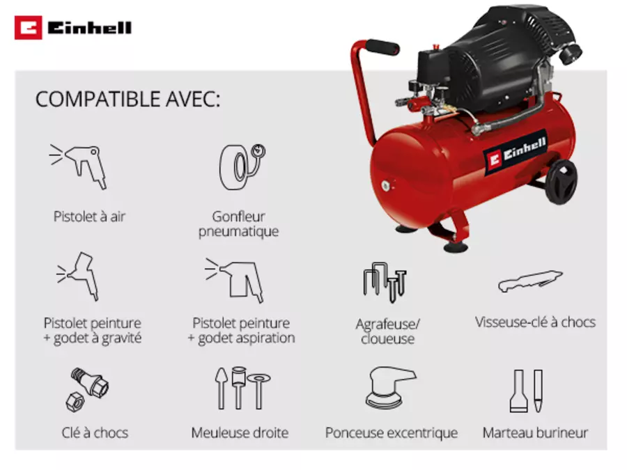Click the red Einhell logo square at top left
(x=28, y=28)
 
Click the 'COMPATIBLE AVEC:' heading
(x=127, y=99)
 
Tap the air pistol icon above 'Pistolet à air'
(x=78, y=166)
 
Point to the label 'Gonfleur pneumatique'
(x=239, y=224)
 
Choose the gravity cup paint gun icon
(x=78, y=276)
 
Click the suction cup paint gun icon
(x=234, y=280)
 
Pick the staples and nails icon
(x=385, y=282)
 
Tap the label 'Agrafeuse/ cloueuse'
(x=387, y=331)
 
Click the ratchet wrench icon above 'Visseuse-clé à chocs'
(x=530, y=281)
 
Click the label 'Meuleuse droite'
(x=240, y=432)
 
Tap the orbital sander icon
(x=391, y=387)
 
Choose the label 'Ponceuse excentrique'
(x=391, y=433)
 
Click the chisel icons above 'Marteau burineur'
(x=526, y=391)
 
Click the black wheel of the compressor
(x=561, y=182)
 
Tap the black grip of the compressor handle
(x=382, y=47)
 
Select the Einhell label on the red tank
(x=516, y=152)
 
